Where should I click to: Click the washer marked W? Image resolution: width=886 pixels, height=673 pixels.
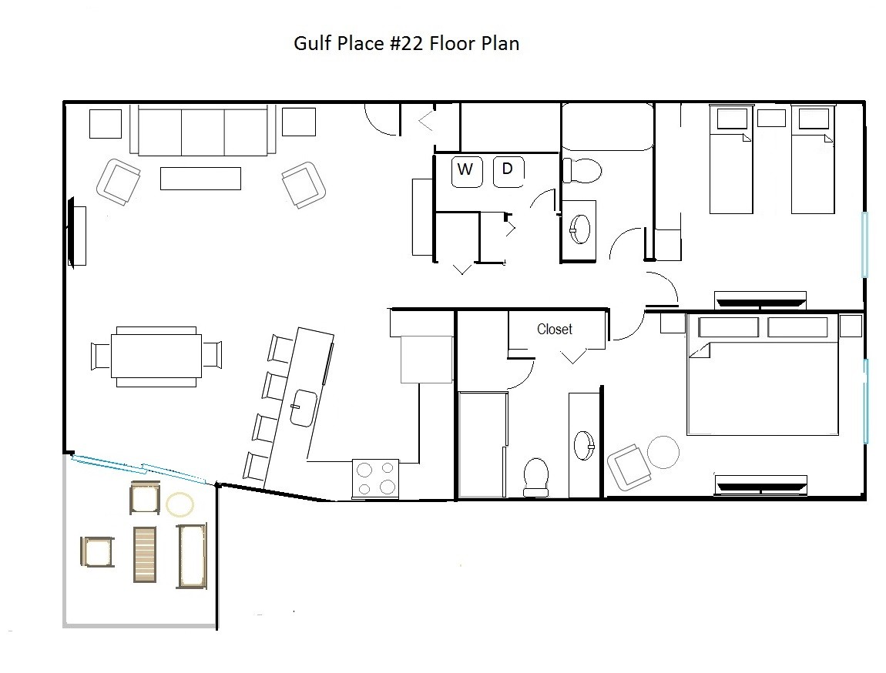coord(467,172)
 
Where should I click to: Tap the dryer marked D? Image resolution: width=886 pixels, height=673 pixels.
coord(508,172)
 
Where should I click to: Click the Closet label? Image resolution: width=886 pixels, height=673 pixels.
coord(554,329)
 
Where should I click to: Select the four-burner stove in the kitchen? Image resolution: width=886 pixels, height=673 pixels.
coord(375,478)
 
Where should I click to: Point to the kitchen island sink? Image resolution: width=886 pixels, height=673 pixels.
coord(304,407)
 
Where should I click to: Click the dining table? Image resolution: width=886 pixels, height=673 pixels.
coord(156,357)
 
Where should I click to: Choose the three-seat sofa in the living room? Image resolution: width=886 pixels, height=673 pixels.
coord(203,130)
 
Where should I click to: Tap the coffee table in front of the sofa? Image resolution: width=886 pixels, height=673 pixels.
coord(200,179)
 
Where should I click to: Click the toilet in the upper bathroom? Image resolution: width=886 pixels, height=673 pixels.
coord(582,170)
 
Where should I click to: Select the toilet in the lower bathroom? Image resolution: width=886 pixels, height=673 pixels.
coord(536,477)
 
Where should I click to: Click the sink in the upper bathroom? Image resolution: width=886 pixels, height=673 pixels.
coord(579,229)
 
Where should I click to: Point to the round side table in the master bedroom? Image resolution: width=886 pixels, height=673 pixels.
coord(663,452)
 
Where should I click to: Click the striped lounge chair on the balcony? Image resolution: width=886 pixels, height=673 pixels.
coord(145,554)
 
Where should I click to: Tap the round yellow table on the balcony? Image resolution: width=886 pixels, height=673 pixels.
coord(180,505)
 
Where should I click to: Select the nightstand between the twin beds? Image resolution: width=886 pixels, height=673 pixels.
coord(771,118)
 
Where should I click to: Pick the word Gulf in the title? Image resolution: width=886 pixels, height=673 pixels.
coord(313,43)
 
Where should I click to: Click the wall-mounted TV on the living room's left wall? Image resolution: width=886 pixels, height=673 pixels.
coord(71,232)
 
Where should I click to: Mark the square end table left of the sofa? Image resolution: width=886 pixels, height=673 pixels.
coord(106,124)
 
